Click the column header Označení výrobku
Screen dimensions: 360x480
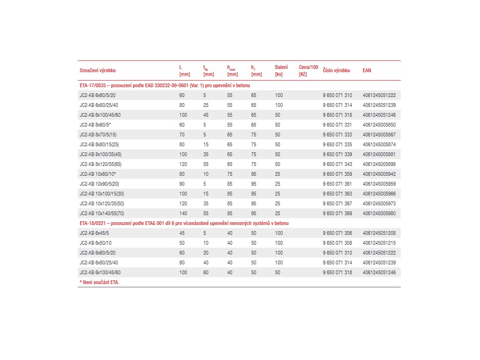click(x=97, y=70)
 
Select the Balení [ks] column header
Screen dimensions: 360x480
click(x=281, y=70)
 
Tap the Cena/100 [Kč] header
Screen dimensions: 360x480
click(x=308, y=70)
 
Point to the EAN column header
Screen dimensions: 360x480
click(x=367, y=70)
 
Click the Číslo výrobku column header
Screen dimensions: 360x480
click(x=337, y=70)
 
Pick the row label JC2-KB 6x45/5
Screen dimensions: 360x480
click(x=94, y=233)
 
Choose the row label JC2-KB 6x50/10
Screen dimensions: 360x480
click(x=95, y=243)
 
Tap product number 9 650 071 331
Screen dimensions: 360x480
click(x=337, y=125)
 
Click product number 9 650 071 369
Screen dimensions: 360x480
click(x=337, y=213)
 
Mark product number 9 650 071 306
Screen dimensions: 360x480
click(x=337, y=233)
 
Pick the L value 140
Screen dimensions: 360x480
click(x=183, y=213)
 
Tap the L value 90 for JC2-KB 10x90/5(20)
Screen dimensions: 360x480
click(x=182, y=184)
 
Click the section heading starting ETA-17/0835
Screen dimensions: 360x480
click(x=165, y=85)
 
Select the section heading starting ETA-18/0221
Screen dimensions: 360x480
click(x=184, y=223)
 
